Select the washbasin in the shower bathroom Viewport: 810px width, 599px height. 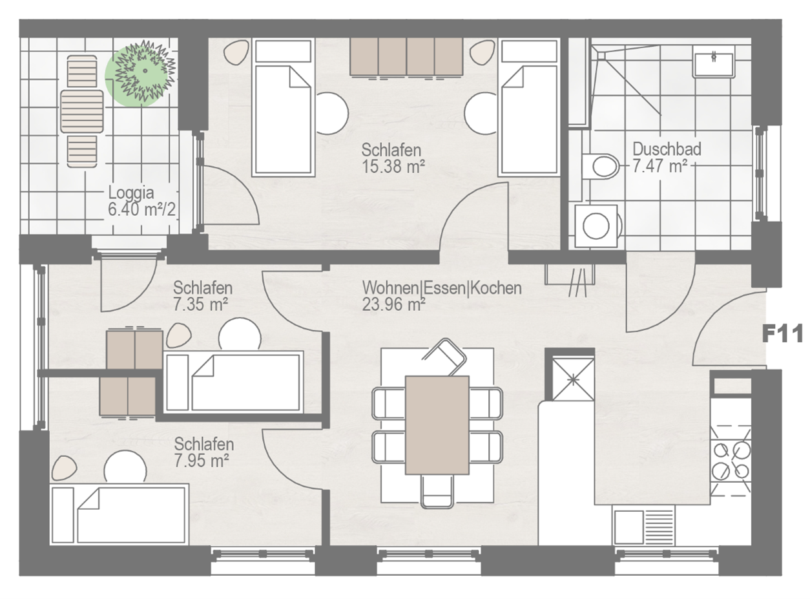pyautogui.click(x=713, y=65)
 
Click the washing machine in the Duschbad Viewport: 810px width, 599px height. pyautogui.click(x=597, y=226)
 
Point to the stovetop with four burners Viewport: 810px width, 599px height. pyautogui.click(x=731, y=461)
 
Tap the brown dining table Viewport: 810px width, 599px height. pyautogui.click(x=437, y=425)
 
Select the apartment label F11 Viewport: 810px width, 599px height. pyautogui.click(x=783, y=333)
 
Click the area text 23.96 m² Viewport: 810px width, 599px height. pyautogui.click(x=393, y=304)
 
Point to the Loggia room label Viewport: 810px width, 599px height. pyautogui.click(x=131, y=193)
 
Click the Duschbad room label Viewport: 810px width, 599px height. pyautogui.click(x=667, y=149)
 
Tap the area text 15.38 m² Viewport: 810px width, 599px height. pyautogui.click(x=393, y=167)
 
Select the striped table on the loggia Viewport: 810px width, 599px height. pyautogui.click(x=82, y=112)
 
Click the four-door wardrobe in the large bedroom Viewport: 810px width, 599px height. pyautogui.click(x=406, y=57)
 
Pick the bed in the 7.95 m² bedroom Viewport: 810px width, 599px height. pyautogui.click(x=119, y=514)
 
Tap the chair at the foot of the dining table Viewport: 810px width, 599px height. pyautogui.click(x=437, y=491)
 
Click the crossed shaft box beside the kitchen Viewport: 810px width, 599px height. pyautogui.click(x=574, y=380)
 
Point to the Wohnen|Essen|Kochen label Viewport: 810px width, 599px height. pyautogui.click(x=442, y=288)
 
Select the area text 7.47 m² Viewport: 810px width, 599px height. pyautogui.click(x=660, y=166)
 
